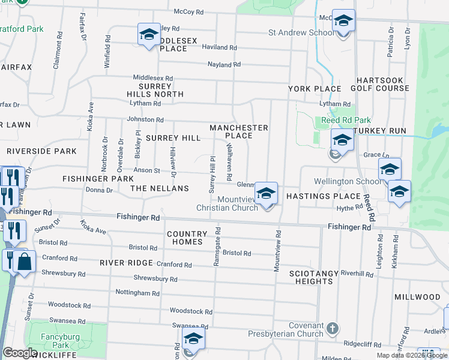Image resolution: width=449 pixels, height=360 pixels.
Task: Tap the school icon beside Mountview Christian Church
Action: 266,194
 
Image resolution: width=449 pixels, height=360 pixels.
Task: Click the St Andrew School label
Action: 301,32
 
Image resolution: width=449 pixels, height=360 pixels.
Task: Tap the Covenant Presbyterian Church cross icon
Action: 333,329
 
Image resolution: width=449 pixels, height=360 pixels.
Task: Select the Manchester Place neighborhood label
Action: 238,131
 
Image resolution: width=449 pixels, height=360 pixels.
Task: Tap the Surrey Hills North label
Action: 155,90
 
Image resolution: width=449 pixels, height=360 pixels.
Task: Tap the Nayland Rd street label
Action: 224,64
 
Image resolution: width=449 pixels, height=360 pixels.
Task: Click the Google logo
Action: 20,353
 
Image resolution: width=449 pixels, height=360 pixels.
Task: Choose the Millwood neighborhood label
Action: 417,297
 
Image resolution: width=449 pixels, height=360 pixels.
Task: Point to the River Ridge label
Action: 122,263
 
